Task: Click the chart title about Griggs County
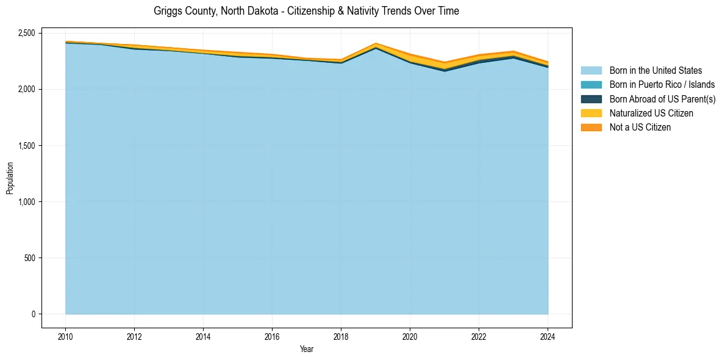point(306,11)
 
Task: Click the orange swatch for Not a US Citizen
point(591,128)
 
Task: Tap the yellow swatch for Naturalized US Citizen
point(591,113)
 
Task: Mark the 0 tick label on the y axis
point(34,314)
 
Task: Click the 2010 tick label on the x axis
point(65,336)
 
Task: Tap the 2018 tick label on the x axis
point(341,336)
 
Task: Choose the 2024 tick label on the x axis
point(548,336)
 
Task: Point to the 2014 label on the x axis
point(203,336)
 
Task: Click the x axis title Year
point(306,349)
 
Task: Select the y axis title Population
point(10,178)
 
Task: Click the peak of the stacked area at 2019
point(376,43)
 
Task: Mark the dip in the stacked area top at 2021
point(445,62)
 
